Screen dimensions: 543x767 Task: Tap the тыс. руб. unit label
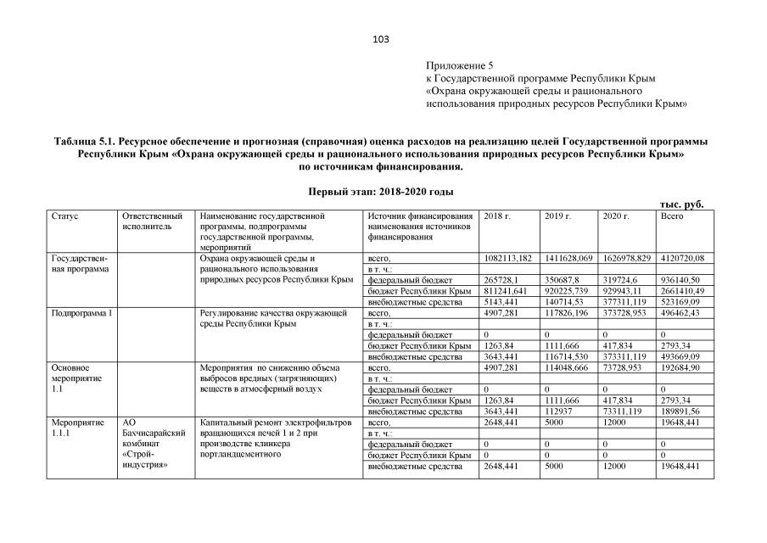(682, 204)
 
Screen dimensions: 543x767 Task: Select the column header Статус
(65, 216)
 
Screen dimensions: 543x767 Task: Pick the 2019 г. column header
(557, 216)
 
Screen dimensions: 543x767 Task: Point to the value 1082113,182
(508, 258)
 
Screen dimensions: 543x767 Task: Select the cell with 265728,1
(501, 280)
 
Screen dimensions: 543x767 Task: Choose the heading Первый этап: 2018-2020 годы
(380, 192)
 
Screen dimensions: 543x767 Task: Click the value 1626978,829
(626, 258)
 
